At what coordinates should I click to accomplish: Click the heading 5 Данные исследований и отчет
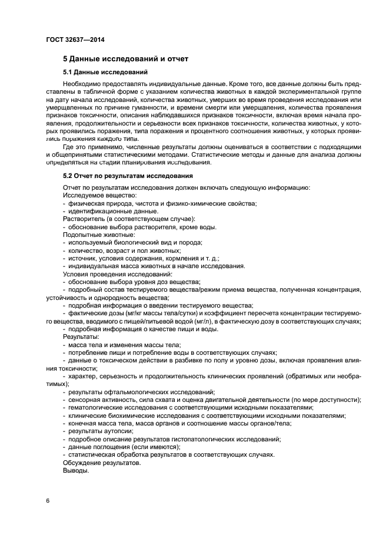[x=125, y=60]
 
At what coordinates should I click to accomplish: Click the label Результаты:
[x=81, y=336]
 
